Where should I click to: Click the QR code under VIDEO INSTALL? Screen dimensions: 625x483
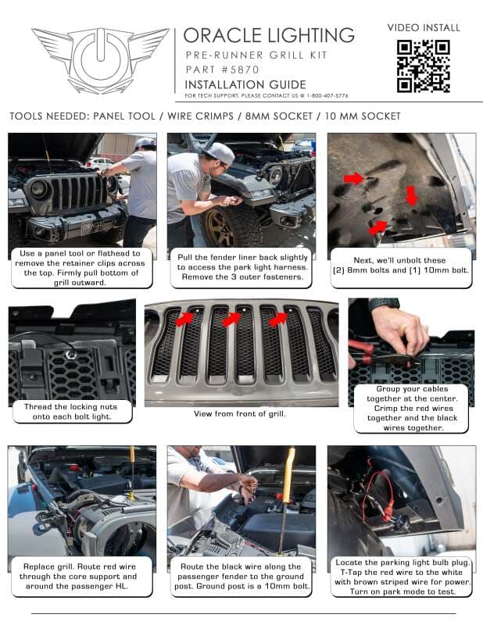tap(423, 66)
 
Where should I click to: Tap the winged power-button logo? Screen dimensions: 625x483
tap(100, 60)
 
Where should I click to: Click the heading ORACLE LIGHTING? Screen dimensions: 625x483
tap(269, 35)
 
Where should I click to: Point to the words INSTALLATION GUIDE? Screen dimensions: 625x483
tap(245, 84)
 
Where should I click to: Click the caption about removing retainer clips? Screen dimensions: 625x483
tap(82, 268)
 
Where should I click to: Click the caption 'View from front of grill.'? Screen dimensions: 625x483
tap(240, 413)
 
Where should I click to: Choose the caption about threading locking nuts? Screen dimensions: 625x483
tap(72, 411)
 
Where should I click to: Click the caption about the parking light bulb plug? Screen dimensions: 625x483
tap(401, 577)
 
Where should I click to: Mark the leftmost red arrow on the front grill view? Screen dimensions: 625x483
tap(184, 318)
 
